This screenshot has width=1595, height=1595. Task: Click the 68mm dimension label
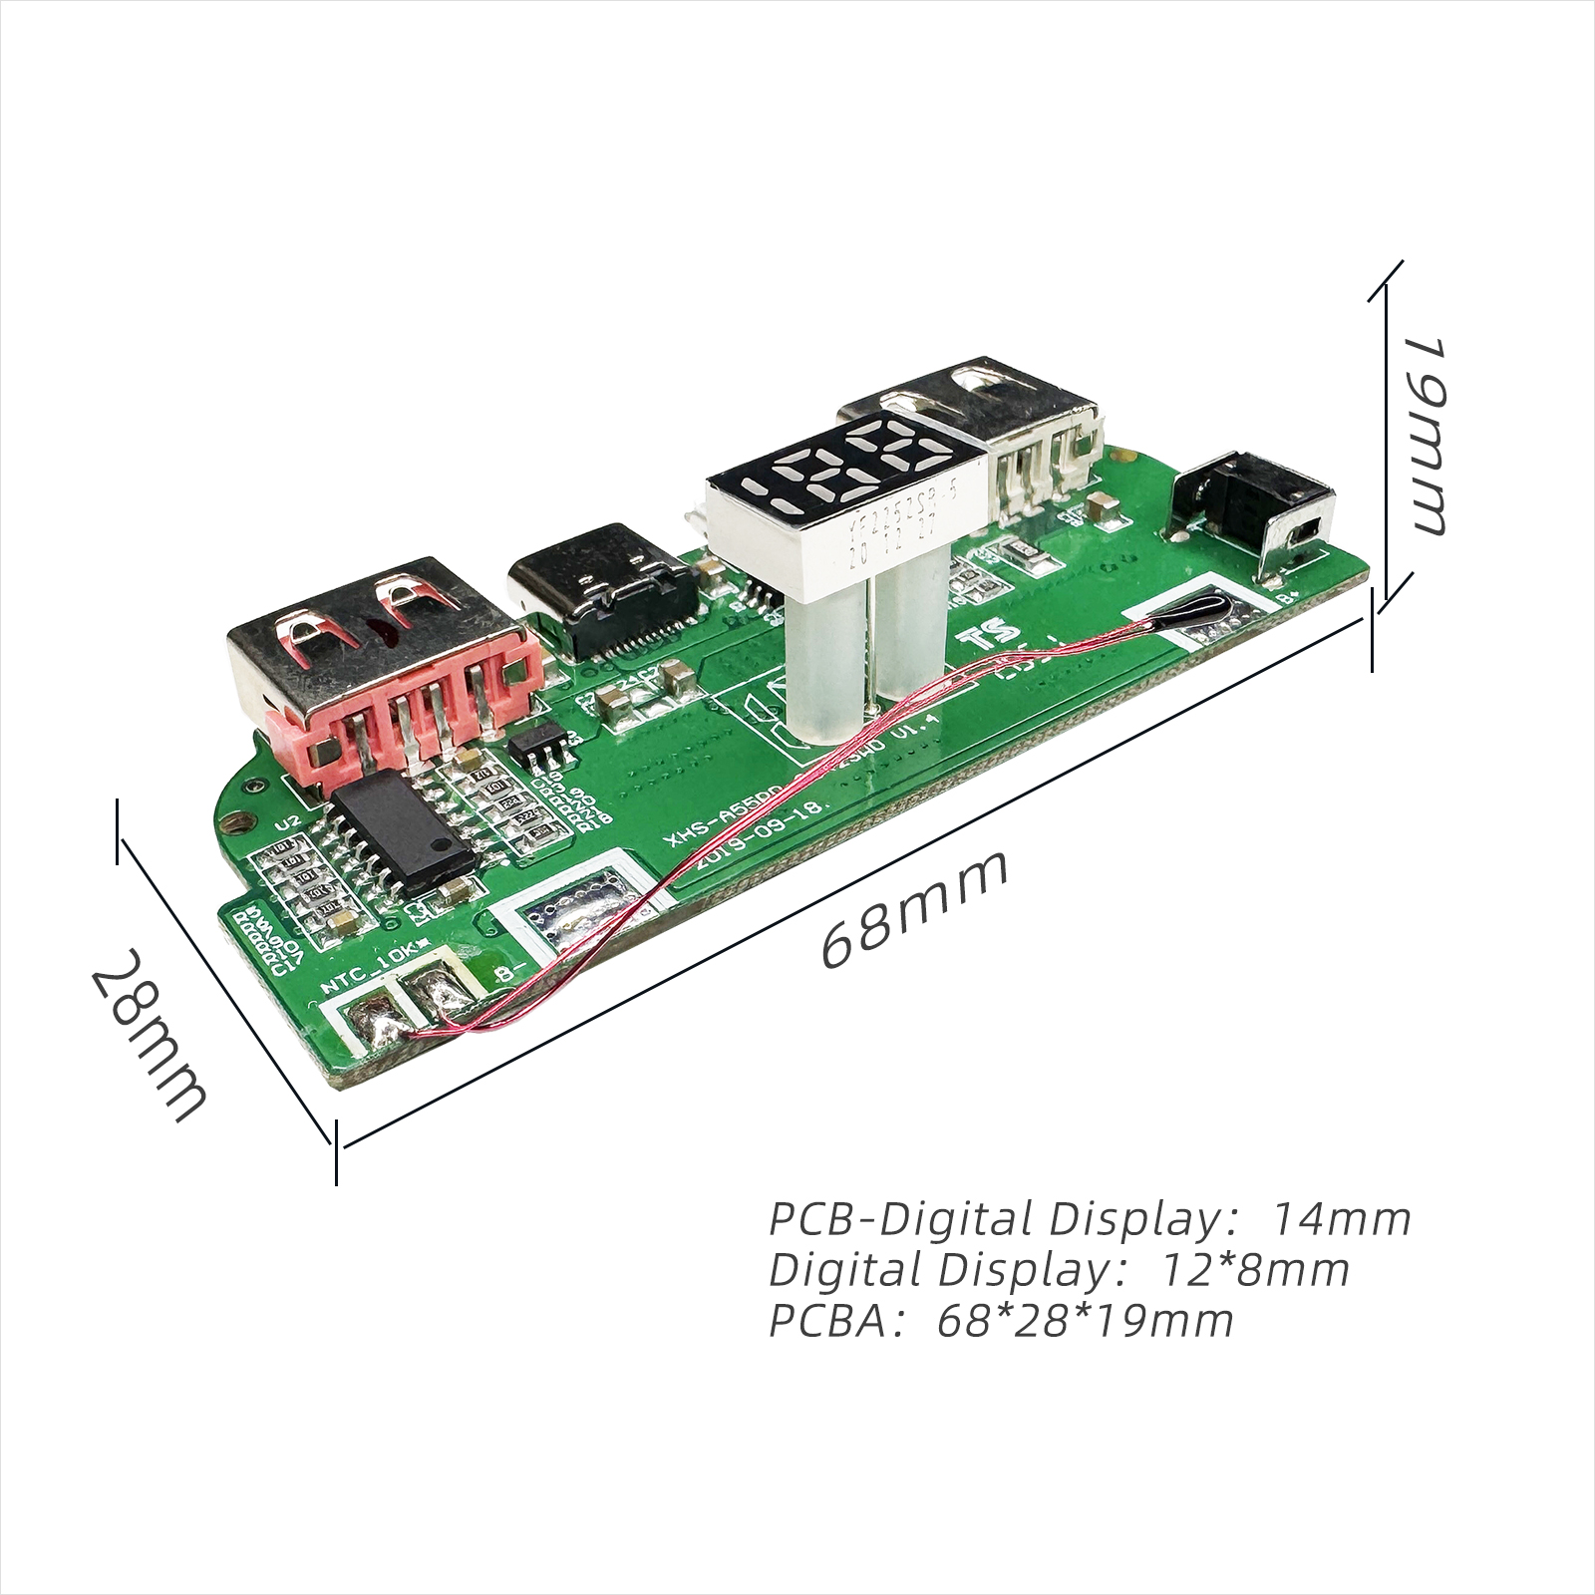coord(915,909)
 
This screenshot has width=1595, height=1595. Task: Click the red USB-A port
coord(384,668)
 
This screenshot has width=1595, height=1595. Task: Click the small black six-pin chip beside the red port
coord(536,751)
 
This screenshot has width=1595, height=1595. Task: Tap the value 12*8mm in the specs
coord(1256,1269)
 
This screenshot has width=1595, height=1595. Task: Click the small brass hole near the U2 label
coord(236,824)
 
